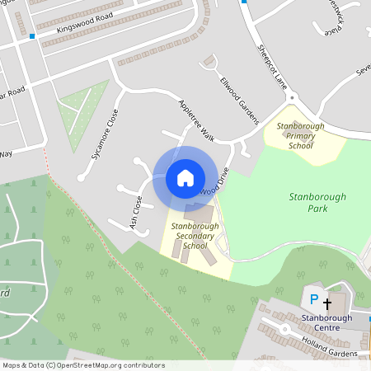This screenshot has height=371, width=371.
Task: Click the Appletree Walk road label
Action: click(x=196, y=120)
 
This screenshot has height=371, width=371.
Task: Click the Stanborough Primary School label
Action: click(x=300, y=135)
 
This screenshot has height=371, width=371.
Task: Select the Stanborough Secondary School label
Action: click(x=195, y=235)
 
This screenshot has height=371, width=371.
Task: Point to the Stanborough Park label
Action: click(x=317, y=203)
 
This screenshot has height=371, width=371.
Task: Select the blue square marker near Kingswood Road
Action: click(x=32, y=36)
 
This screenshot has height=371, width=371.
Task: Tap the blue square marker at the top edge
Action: click(x=244, y=2)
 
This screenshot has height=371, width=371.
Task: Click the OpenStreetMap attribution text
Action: click(x=82, y=365)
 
